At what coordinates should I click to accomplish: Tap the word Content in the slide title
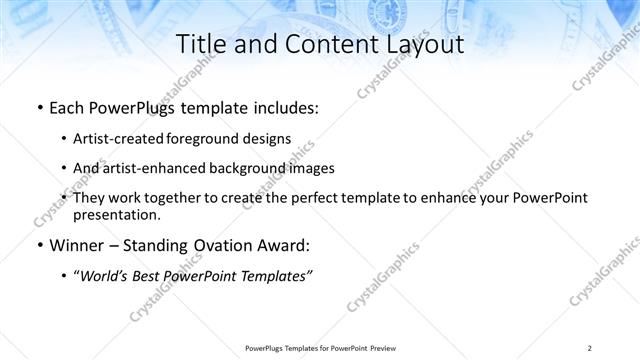coord(319,44)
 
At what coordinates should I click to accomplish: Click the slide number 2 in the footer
coord(590,347)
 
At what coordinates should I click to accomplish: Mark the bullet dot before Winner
coord(39,244)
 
